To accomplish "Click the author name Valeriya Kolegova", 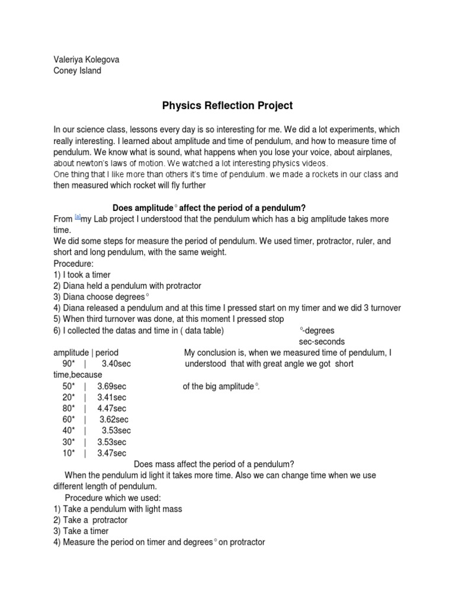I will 90,60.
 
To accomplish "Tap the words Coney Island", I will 77,71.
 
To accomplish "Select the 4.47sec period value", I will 112,408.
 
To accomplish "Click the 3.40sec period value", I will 116,363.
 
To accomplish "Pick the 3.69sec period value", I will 112,386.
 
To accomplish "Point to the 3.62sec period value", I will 114,420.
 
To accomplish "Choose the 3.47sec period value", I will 112,453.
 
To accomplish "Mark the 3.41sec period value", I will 112,397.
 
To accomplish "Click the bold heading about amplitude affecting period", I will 209,207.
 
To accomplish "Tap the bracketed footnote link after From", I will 77,217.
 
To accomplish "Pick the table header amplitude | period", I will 86,353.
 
